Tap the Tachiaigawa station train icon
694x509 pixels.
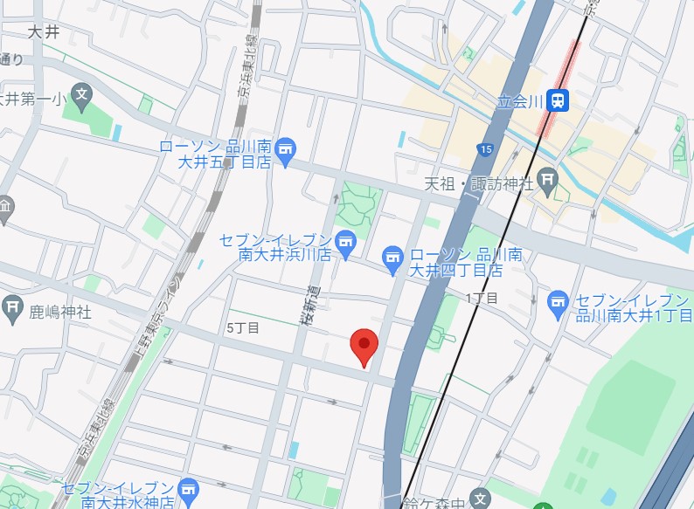point(557,101)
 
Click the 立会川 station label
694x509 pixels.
point(521,101)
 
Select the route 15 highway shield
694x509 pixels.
point(486,150)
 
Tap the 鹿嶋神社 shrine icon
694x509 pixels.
point(12,306)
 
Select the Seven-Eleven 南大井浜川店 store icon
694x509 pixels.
point(346,240)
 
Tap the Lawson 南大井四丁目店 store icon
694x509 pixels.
point(392,257)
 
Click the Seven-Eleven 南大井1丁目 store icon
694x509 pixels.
point(558,302)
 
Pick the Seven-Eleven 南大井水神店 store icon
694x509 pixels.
point(187,488)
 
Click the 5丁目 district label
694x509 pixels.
point(242,328)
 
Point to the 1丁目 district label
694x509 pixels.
point(482,299)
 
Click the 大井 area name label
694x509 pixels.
point(43,32)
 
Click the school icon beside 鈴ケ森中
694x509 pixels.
point(479,499)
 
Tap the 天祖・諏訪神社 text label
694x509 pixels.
point(478,183)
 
